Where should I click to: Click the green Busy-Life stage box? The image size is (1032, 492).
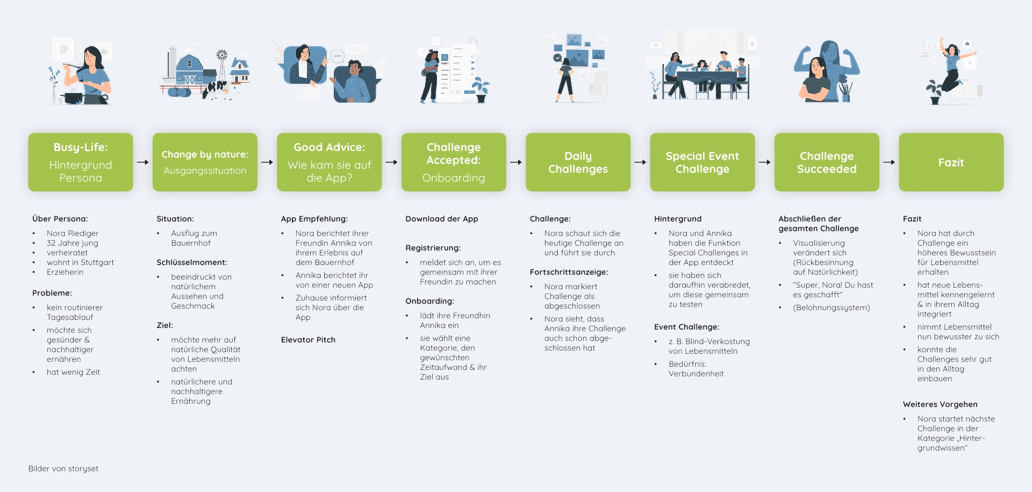pyautogui.click(x=81, y=162)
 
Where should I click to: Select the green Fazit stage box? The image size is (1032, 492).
pyautogui.click(x=951, y=162)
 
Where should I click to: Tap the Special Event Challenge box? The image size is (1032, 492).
pyautogui.click(x=702, y=162)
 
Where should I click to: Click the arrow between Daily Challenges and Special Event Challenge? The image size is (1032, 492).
pyautogui.click(x=640, y=162)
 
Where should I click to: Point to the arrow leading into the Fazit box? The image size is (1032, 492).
pyautogui.click(x=889, y=162)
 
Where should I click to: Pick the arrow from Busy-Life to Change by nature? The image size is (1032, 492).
pyautogui.click(x=142, y=162)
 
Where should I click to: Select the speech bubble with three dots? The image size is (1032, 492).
pyautogui.click(x=337, y=55)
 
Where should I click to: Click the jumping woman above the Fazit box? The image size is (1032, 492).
pyautogui.click(x=951, y=67)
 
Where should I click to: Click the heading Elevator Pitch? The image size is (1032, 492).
pyautogui.click(x=308, y=340)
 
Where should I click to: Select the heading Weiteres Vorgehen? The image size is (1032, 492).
pyautogui.click(x=940, y=404)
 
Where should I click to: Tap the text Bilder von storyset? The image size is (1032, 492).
pyautogui.click(x=63, y=469)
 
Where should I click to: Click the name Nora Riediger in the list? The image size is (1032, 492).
pyautogui.click(x=73, y=233)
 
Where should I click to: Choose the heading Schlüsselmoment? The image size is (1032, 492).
pyautogui.click(x=192, y=262)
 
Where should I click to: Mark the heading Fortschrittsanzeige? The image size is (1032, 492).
pyautogui.click(x=569, y=272)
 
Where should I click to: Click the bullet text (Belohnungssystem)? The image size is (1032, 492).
pyautogui.click(x=831, y=308)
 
